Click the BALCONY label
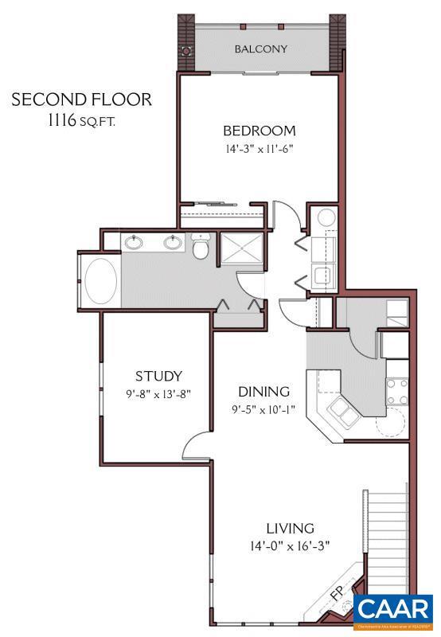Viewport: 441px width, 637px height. (x=260, y=49)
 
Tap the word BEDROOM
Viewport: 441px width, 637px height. (x=259, y=131)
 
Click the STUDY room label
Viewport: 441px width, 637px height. (x=158, y=377)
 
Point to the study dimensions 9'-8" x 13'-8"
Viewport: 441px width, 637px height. (x=158, y=393)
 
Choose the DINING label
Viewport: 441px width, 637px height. (x=263, y=392)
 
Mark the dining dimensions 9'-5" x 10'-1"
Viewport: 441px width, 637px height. (x=263, y=411)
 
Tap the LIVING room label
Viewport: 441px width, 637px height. (x=290, y=528)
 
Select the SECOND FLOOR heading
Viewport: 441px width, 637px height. (x=81, y=100)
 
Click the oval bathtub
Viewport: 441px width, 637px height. (x=101, y=280)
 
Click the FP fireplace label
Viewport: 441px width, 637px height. (x=338, y=592)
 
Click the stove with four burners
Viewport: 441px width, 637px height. (x=397, y=389)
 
